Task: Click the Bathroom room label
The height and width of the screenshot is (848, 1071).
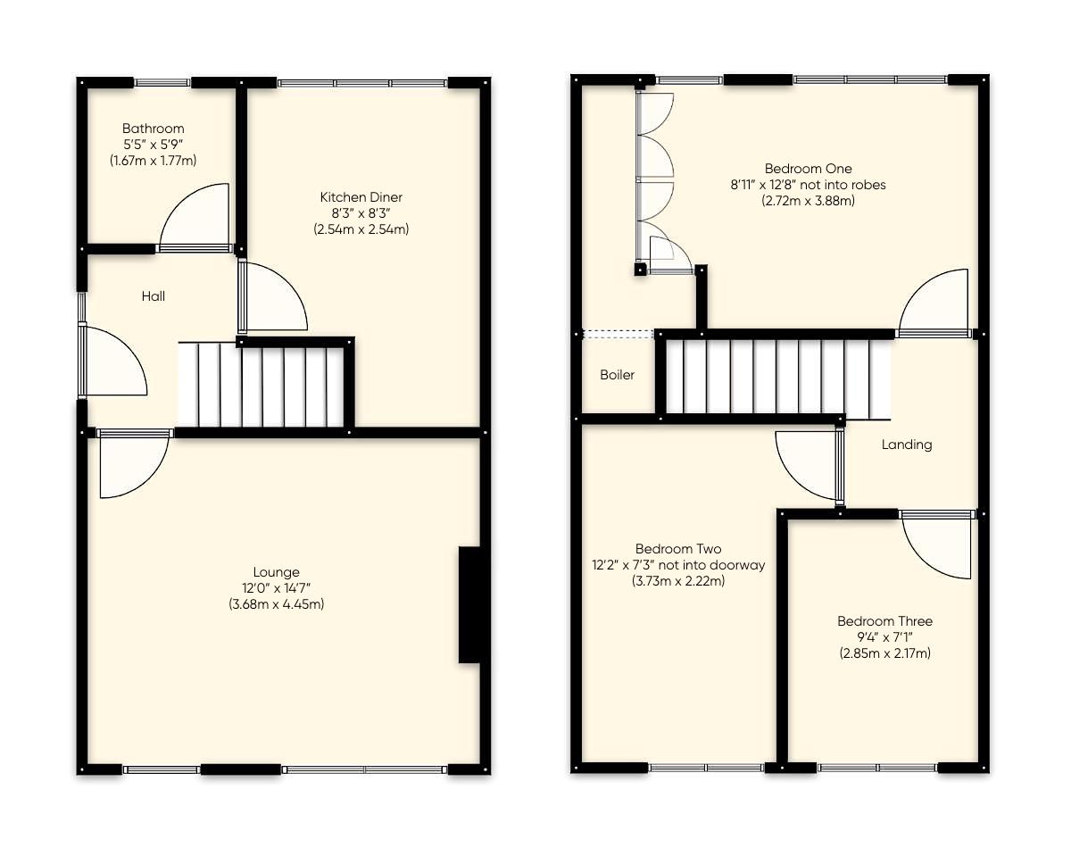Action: tap(154, 129)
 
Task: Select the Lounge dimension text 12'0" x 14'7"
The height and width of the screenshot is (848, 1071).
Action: tap(276, 588)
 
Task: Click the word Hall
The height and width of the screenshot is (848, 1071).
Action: tap(154, 296)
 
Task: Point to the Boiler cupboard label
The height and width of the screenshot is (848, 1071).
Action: tap(617, 375)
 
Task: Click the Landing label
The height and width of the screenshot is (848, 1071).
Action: tap(906, 445)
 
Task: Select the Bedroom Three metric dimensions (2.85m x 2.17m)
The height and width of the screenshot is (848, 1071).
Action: tap(884, 653)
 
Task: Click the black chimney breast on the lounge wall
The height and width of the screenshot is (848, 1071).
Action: tap(469, 604)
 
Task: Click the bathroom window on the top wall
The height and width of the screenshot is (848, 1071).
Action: tap(162, 82)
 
